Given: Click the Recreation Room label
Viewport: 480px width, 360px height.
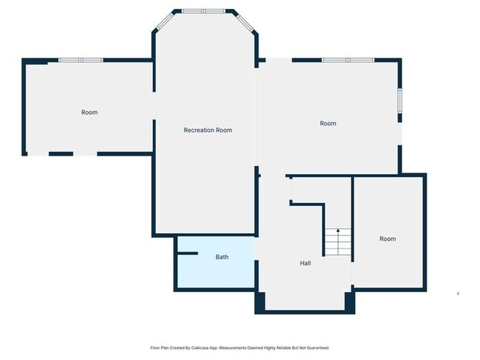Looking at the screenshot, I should click(208, 130).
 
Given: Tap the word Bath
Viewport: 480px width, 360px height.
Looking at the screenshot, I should click(222, 257).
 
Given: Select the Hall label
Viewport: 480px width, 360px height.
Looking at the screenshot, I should click(305, 263).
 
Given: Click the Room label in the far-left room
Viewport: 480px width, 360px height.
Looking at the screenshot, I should click(89, 112).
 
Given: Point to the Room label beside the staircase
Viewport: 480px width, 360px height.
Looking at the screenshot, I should click(388, 238).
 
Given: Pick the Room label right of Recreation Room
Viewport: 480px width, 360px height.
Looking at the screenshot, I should click(328, 123).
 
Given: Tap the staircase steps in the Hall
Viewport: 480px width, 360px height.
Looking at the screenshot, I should click(337, 243).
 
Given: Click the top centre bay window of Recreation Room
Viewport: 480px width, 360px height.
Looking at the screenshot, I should click(205, 11).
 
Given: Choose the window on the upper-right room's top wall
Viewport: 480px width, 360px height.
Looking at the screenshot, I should click(348, 60).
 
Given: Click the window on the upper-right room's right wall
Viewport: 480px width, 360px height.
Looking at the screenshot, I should click(400, 100).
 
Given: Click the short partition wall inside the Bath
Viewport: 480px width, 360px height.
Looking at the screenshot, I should click(188, 254).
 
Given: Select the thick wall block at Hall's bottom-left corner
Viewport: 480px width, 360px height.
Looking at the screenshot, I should click(259, 301).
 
